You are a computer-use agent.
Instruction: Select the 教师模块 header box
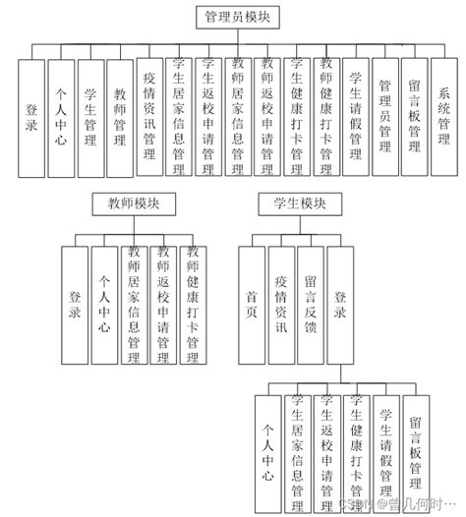[134, 203]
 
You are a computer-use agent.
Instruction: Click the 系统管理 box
[444, 117]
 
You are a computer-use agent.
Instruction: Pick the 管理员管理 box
[385, 117]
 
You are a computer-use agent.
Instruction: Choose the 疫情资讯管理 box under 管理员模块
[149, 117]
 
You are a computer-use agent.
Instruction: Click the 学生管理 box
[90, 117]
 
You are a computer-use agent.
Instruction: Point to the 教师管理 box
[120, 117]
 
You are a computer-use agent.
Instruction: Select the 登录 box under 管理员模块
[31, 117]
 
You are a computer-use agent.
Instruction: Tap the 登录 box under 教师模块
[75, 305]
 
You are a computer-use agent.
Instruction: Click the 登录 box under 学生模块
[340, 305]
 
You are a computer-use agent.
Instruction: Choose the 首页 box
[252, 305]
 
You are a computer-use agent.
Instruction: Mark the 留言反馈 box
[311, 305]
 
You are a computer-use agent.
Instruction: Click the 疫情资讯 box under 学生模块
[281, 305]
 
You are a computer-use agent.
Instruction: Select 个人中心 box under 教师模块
[104, 305]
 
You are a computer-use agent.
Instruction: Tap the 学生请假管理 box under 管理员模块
[356, 117]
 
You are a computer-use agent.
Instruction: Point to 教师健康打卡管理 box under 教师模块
[193, 305]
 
